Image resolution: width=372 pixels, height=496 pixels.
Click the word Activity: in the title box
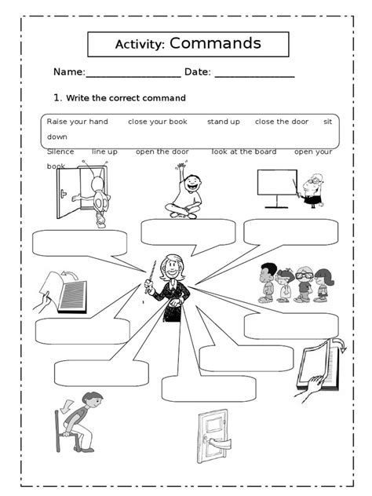[x=139, y=45]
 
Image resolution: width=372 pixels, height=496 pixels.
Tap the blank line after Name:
[x=133, y=74]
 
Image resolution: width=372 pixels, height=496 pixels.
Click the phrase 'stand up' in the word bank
[x=223, y=122]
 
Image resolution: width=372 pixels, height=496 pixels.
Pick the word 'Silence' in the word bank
[x=60, y=151]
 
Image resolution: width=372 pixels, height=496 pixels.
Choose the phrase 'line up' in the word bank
[x=104, y=151]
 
